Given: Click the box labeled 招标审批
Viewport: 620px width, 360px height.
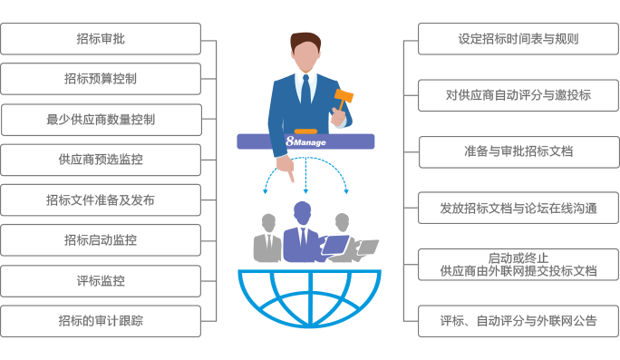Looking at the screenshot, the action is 101,39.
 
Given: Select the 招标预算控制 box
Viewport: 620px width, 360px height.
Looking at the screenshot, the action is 101,79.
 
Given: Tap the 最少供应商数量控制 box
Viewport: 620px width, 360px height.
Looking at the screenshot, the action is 101,119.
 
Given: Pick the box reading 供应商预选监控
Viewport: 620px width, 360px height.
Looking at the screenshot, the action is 101,160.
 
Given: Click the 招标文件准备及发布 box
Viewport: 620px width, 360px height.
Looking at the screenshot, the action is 101,199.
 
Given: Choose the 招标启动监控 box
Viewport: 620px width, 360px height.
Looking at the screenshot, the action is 101,240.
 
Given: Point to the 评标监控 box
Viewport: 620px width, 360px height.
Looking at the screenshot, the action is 101,280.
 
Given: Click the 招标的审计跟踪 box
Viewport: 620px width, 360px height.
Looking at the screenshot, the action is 101,321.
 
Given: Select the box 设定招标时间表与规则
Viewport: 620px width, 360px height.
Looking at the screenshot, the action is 518,39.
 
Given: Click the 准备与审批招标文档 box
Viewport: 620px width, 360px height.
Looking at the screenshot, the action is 518,151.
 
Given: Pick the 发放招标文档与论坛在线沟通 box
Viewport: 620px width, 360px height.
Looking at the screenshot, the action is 518,208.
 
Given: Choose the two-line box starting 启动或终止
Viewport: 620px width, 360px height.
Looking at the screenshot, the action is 518,264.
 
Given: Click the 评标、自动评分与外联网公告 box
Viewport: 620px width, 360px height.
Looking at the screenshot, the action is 518,320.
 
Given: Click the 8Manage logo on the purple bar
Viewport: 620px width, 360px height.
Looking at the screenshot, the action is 305,141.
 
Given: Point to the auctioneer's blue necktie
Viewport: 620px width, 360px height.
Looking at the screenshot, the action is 306,91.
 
